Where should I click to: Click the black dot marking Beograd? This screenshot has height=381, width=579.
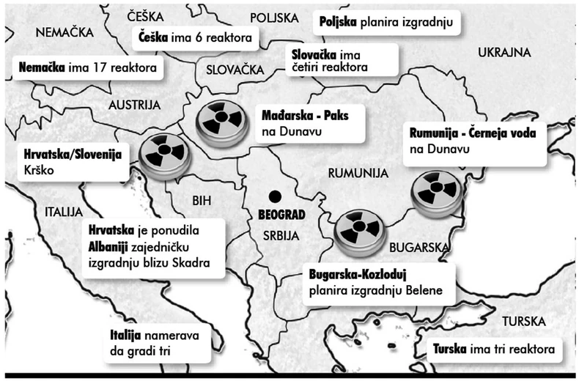275,196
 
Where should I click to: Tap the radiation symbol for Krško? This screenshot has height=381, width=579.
164,155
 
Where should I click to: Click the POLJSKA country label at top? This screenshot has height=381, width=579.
273,18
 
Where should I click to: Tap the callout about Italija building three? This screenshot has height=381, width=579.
155,343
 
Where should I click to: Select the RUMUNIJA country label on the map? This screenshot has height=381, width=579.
357,173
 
